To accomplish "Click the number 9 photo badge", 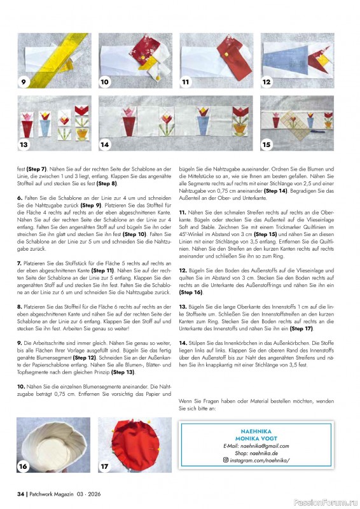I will tap(24, 81).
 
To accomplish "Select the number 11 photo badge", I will tap(186, 82).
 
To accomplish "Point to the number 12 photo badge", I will tap(267, 81).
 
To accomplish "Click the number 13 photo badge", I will tap(24, 144).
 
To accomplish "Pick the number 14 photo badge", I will tap(105, 144).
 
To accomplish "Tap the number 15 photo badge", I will tap(267, 144).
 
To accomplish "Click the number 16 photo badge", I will tap(24, 466).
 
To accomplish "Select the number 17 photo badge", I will tap(105, 466).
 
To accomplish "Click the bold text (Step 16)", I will tap(190, 293).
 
